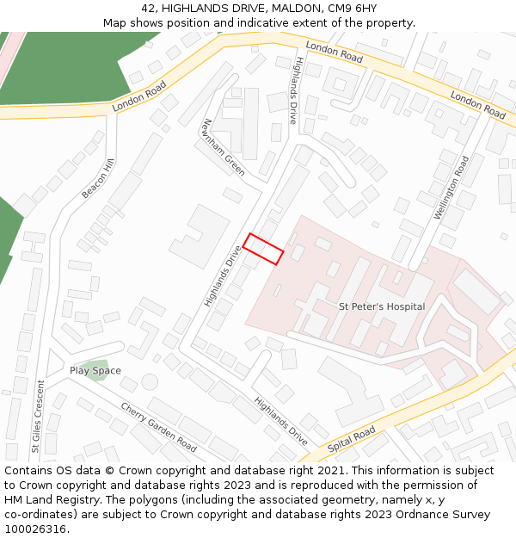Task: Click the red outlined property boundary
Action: tap(263, 249)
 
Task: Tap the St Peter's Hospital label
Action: tap(382, 306)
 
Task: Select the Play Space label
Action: tap(95, 371)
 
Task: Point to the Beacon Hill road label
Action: tap(98, 179)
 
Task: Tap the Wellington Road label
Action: tap(451, 189)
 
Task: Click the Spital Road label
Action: tap(351, 439)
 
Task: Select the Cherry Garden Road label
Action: tap(160, 427)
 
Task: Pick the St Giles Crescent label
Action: tap(38, 416)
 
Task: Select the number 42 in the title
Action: tap(149, 8)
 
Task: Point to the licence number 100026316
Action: tap(35, 529)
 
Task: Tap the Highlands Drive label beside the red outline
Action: tap(224, 276)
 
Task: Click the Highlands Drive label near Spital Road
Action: tap(280, 421)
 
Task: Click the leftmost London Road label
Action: tap(138, 96)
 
